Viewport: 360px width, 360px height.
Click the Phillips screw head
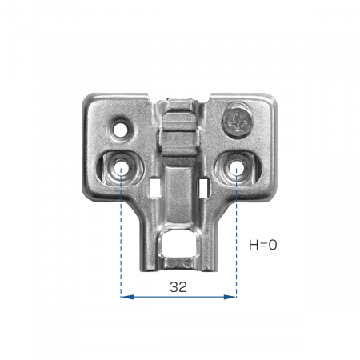click(237, 121)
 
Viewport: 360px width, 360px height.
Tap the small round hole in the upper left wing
click(120, 130)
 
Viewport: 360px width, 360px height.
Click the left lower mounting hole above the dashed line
click(121, 166)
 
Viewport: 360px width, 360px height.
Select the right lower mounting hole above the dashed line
click(236, 167)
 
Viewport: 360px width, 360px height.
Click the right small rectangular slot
click(203, 188)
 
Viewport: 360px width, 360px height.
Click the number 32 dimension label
click(178, 287)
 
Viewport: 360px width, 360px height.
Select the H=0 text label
click(263, 245)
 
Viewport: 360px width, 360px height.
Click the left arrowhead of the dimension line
click(127, 297)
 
